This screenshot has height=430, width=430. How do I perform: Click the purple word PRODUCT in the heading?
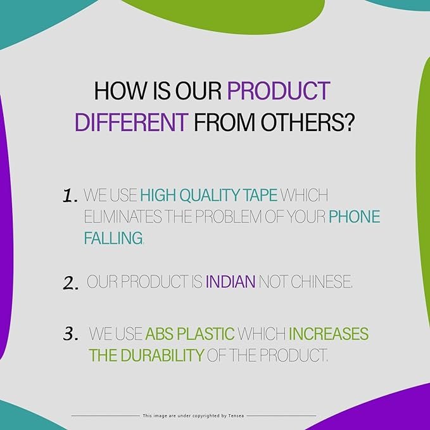pos(279,91)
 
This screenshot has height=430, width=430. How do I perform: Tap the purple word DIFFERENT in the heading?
pos(131,122)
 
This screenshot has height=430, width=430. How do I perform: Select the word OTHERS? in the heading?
pos(307,122)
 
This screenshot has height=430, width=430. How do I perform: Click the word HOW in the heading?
pos(120,91)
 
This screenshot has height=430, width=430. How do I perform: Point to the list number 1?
pos(70,196)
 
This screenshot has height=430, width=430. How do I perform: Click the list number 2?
pos(71,282)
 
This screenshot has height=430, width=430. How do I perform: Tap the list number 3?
pos(70,334)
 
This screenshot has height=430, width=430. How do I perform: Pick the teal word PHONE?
pos(354,217)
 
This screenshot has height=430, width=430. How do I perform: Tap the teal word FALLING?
pos(113,237)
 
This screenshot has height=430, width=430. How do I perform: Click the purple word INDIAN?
pos(231,282)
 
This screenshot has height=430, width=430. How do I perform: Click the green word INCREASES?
pos(329,334)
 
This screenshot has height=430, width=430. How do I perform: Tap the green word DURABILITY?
pos(162,355)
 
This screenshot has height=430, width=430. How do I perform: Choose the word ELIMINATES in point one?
pos(123,217)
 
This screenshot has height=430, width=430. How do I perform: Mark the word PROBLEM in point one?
pos(228,217)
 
